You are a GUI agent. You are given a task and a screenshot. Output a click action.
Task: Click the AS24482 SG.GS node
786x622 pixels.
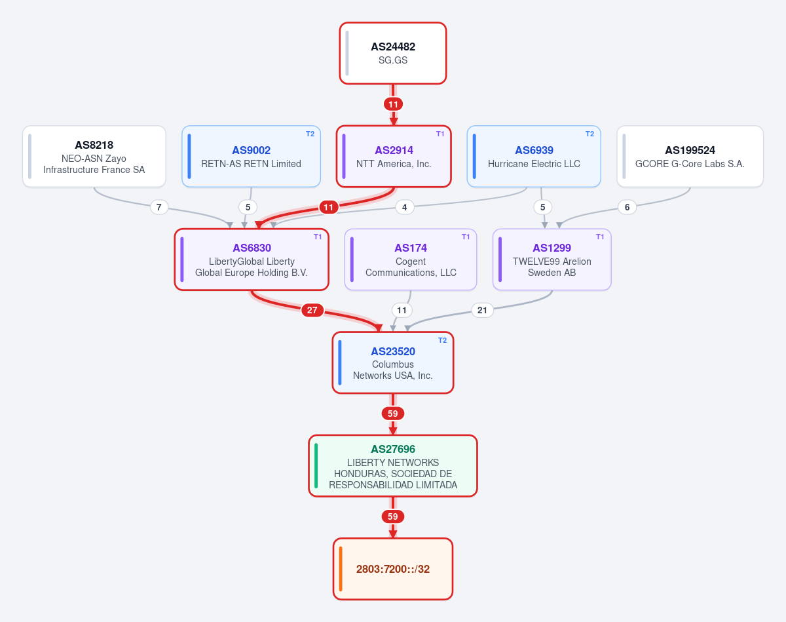(x=392, y=53)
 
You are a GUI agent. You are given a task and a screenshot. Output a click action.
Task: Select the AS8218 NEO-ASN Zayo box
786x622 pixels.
(x=94, y=157)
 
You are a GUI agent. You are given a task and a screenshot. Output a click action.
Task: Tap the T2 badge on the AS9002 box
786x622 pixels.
(x=310, y=134)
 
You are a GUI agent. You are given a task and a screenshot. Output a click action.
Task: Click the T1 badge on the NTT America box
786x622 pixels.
(x=440, y=134)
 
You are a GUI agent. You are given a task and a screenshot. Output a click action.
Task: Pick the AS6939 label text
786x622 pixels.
(x=534, y=150)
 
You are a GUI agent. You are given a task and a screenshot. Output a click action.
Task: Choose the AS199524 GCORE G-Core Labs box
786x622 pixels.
(x=690, y=157)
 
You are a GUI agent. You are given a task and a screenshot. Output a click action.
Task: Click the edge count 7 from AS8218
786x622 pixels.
(x=159, y=207)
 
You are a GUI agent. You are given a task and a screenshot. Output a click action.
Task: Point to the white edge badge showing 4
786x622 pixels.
(x=404, y=207)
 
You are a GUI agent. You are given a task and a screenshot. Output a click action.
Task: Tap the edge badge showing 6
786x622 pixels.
(x=627, y=207)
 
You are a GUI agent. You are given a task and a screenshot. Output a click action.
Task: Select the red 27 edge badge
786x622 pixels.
(x=312, y=310)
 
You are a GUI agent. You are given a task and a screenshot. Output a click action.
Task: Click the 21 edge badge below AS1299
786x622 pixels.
(x=482, y=310)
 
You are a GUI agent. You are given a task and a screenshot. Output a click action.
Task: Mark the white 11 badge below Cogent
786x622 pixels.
(x=402, y=310)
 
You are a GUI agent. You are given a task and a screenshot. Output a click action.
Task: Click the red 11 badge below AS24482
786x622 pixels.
(x=393, y=104)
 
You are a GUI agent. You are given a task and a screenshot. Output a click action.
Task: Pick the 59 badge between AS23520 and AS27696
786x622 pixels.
(x=392, y=414)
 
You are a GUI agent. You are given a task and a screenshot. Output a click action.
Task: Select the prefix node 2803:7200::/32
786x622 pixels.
(x=393, y=569)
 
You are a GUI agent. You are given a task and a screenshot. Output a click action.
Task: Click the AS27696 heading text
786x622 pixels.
(x=393, y=449)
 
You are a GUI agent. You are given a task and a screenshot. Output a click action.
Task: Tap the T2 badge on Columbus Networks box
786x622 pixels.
(x=442, y=341)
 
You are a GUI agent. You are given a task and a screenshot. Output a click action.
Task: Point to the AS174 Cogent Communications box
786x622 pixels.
(x=411, y=260)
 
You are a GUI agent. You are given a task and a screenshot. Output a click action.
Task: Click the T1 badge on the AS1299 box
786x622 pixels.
(x=600, y=237)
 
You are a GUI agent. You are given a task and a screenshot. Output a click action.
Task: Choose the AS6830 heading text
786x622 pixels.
(x=252, y=248)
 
